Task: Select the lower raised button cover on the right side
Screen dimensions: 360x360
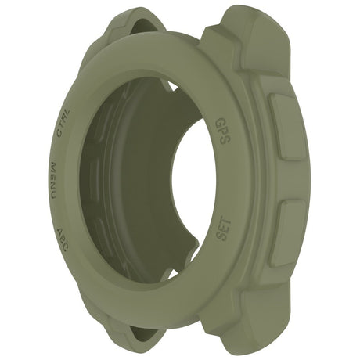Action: [288, 232]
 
